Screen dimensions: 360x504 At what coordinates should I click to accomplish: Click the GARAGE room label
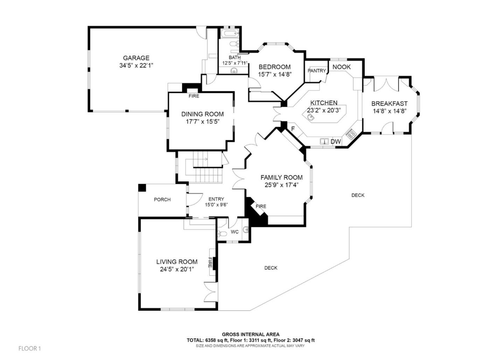pos(136,58)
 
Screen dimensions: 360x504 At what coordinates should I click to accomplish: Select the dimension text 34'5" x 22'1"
pos(136,65)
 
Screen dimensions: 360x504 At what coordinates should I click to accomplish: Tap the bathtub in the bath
pos(229,35)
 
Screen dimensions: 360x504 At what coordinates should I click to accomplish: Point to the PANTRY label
pos(316,71)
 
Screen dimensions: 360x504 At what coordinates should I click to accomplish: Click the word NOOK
pos(341,67)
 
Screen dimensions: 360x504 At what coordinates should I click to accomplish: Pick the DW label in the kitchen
pos(336,142)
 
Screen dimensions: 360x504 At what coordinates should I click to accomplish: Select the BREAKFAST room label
pos(389,104)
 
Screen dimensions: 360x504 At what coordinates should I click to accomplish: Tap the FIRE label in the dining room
pos(194,96)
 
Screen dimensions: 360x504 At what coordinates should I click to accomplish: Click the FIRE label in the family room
pos(261,206)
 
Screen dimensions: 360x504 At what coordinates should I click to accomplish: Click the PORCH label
pos(162,199)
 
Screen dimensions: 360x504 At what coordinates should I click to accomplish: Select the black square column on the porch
pos(142,188)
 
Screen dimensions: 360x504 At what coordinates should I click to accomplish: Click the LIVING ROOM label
pos(177,262)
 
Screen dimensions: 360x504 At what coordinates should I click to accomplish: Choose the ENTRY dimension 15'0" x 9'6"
pos(216,205)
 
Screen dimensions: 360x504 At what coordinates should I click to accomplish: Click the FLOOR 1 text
pos(30,348)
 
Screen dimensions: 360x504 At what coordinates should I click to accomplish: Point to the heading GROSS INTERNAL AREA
pos(251,334)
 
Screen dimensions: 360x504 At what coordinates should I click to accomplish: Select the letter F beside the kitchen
pos(293,129)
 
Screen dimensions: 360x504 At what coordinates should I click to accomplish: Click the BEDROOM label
pos(274,67)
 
